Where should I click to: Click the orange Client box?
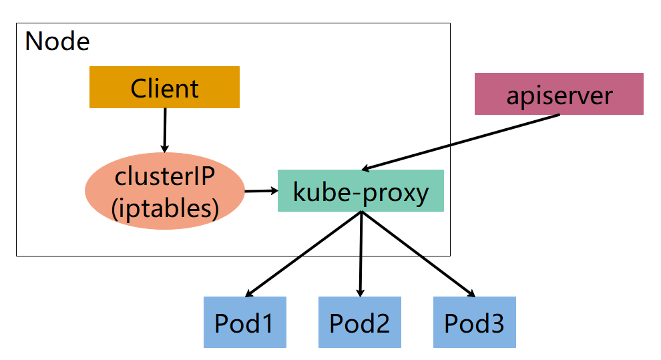(x=164, y=87)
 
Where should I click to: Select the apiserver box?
(x=558, y=94)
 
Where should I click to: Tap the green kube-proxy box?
(x=361, y=191)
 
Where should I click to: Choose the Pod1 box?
(x=244, y=323)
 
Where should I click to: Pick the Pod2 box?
(x=359, y=323)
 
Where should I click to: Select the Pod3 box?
(x=474, y=323)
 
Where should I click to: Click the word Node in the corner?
(x=57, y=41)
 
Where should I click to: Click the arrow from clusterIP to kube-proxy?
(x=260, y=191)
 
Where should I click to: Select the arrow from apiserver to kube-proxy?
(x=461, y=142)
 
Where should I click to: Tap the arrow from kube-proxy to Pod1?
(x=304, y=254)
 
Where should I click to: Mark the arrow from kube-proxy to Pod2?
(x=361, y=254)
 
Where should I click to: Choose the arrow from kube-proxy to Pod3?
(x=417, y=254)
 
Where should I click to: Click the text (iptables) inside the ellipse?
(x=165, y=208)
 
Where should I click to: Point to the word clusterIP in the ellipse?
(x=165, y=176)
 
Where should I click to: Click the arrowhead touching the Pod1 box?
(x=249, y=293)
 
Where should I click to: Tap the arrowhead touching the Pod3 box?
(x=471, y=293)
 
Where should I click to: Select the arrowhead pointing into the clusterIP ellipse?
(x=165, y=148)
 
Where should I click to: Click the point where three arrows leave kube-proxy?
(x=361, y=213)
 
